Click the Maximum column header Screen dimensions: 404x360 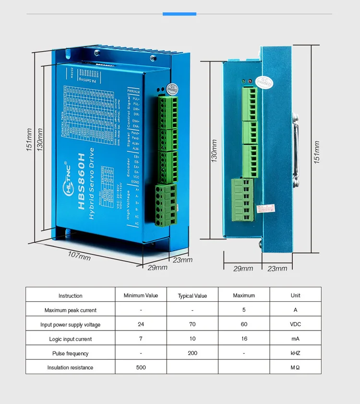click(x=244, y=295)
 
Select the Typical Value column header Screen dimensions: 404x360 click(x=192, y=296)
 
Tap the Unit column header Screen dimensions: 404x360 click(x=295, y=295)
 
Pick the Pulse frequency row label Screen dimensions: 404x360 click(x=71, y=354)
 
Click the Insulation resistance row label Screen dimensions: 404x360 click(x=71, y=367)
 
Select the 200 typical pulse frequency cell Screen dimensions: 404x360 click(x=192, y=353)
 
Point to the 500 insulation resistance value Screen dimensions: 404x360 click(x=141, y=367)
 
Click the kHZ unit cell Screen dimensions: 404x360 click(x=295, y=353)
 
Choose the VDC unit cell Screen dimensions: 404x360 click(x=295, y=324)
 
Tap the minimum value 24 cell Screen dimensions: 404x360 click(x=141, y=324)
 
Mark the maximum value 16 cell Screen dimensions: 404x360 click(x=244, y=339)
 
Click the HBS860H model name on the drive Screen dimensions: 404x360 click(x=81, y=182)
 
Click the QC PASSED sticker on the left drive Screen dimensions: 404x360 click(x=172, y=88)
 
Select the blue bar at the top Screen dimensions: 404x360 click(x=180, y=14)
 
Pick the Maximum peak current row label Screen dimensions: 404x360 click(x=71, y=310)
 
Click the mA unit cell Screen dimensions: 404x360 click(x=295, y=339)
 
